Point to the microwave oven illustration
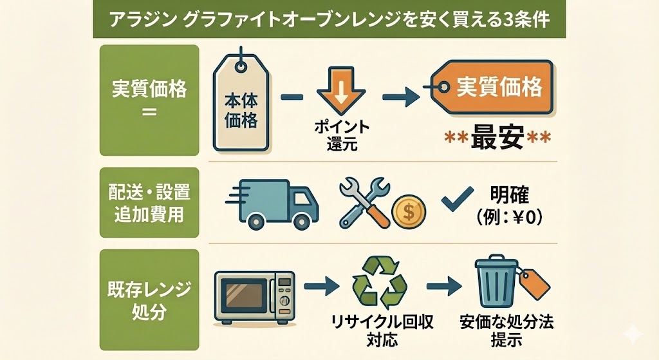coord(254,296)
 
